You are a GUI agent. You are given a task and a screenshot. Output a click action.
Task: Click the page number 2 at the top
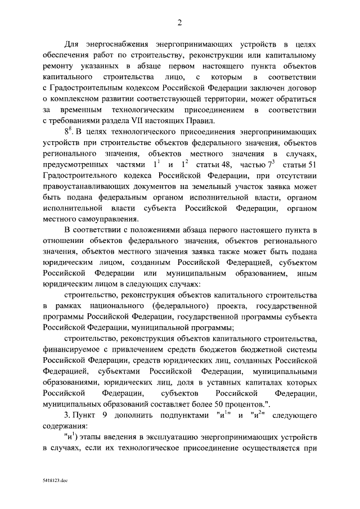179,22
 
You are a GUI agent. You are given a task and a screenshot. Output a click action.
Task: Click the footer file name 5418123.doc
55,483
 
